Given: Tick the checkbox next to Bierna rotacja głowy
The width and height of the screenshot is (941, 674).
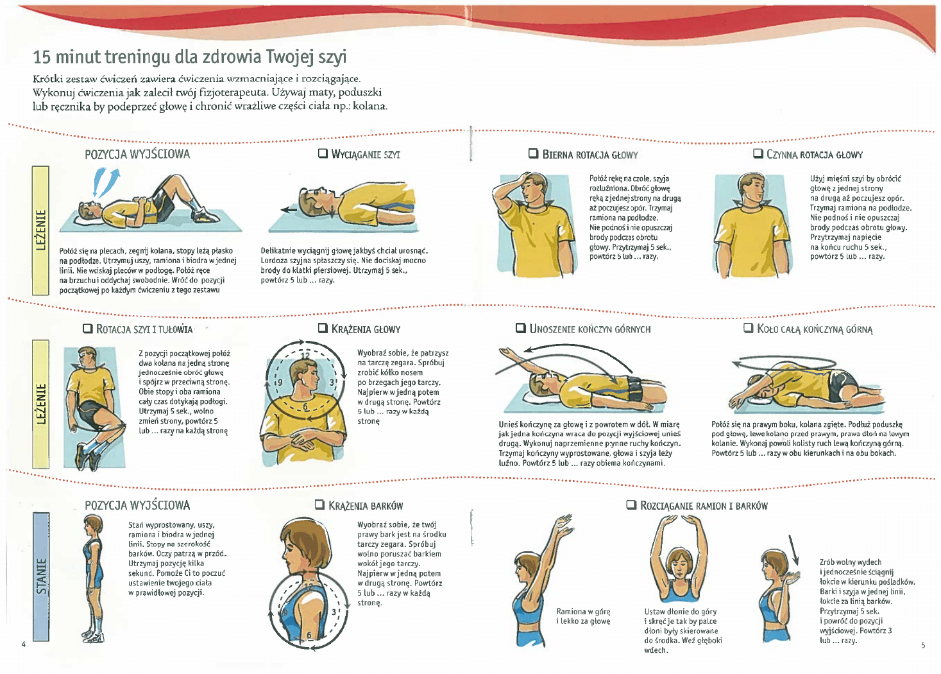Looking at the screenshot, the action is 533,153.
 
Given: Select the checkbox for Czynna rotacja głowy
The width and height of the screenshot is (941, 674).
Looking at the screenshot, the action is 758,153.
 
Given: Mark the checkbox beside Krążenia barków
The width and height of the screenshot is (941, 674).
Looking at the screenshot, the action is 319,505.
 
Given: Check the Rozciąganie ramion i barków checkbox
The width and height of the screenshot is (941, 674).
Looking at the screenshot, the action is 631,505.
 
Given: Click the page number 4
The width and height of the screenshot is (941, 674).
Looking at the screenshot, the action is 24,644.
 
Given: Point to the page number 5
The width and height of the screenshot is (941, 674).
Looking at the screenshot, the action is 923,645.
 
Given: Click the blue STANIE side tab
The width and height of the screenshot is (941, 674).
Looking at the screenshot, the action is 41,576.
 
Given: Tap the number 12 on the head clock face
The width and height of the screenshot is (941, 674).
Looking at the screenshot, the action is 305,356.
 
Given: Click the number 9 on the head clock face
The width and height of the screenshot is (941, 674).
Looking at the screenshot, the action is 280,383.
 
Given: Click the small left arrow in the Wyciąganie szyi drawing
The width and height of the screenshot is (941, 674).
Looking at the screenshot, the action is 289,209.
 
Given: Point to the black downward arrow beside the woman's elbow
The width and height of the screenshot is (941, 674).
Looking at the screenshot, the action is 793,550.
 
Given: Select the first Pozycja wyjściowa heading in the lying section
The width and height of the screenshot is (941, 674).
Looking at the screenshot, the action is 137,154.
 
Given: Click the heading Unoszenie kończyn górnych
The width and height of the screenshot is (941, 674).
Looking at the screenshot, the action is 589,329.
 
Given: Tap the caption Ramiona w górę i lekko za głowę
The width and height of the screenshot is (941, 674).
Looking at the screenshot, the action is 583,616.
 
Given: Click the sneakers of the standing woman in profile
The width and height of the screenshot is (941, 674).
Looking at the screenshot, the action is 93,636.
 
